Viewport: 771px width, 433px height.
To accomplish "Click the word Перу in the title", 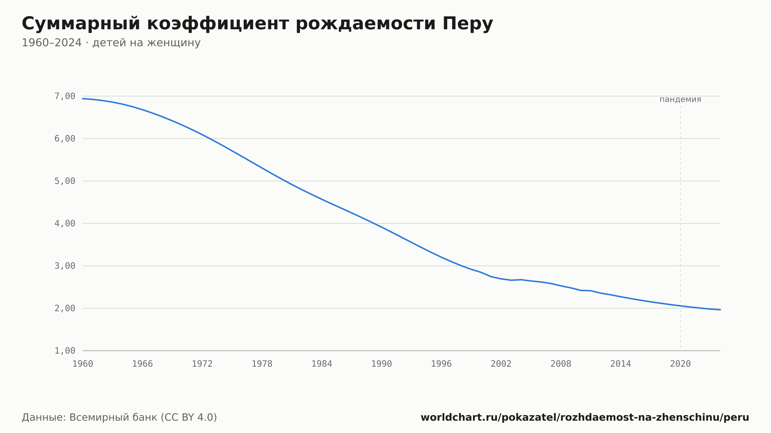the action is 468,24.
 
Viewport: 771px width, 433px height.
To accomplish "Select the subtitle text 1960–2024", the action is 52,43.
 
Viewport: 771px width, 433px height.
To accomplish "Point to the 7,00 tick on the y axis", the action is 65,96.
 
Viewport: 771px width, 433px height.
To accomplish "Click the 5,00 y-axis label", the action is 65,181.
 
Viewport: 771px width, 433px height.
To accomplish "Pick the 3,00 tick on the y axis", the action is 65,266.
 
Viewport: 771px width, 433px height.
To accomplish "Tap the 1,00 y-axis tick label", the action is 65,351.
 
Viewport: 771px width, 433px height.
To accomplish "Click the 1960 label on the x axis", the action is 83,364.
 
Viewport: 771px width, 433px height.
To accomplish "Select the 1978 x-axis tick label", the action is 262,364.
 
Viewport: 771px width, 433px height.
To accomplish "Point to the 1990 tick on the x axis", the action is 382,364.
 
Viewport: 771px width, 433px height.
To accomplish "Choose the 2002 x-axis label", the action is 501,364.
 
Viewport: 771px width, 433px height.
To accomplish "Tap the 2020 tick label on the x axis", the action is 680,364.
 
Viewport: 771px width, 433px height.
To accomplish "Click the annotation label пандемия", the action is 680,99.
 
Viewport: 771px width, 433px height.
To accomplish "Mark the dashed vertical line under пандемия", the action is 680,227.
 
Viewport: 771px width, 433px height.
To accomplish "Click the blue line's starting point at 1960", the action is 83,99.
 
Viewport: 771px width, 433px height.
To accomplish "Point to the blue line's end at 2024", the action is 720,310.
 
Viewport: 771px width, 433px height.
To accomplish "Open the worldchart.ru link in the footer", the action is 585,418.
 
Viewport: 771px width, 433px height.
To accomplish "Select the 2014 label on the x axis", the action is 621,364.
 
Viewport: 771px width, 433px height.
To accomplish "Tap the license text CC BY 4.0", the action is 187,418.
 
